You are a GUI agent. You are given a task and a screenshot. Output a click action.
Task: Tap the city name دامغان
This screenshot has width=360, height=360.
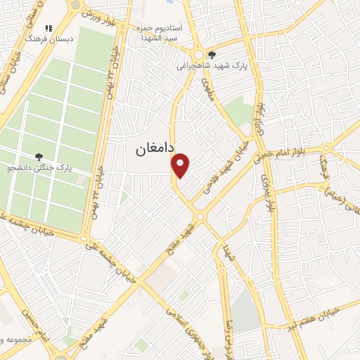pos(151,149)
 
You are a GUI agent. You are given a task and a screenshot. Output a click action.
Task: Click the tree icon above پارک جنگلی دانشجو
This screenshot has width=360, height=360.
pos(39,157)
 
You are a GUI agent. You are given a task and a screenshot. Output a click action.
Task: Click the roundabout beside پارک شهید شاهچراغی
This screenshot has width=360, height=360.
pos(200,54)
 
